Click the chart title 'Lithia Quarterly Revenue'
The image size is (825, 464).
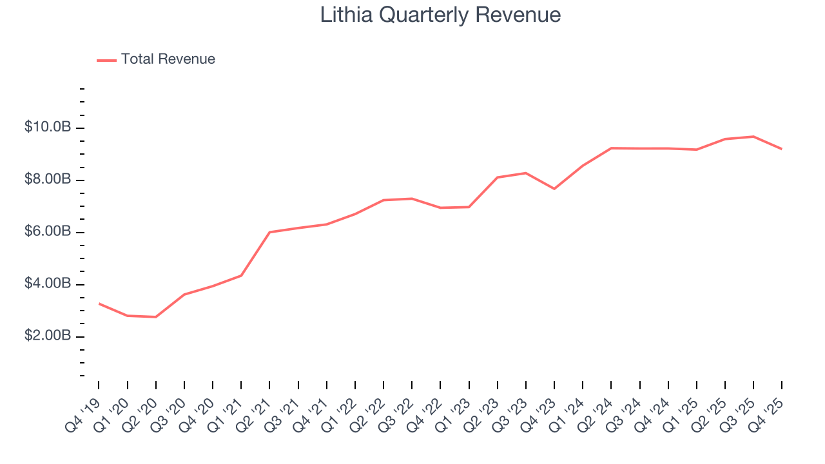[x=440, y=15]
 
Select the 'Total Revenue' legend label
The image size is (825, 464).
[x=168, y=59]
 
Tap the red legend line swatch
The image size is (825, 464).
[x=106, y=60]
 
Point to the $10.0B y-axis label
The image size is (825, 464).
[x=48, y=128]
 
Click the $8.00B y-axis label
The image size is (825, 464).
[x=48, y=180]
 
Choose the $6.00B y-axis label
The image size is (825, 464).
[x=48, y=232]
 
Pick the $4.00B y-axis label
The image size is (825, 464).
[x=48, y=284]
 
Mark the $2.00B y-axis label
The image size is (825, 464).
[x=48, y=336]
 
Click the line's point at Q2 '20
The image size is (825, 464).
[x=155, y=316]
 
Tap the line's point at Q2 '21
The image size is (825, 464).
[x=269, y=232]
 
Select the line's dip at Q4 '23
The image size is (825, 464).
[x=554, y=188]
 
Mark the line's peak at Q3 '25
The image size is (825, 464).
[x=753, y=137]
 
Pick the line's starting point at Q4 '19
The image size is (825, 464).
[x=99, y=303]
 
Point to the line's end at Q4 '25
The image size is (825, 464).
[x=781, y=149]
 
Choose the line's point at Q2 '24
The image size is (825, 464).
[x=610, y=148]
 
